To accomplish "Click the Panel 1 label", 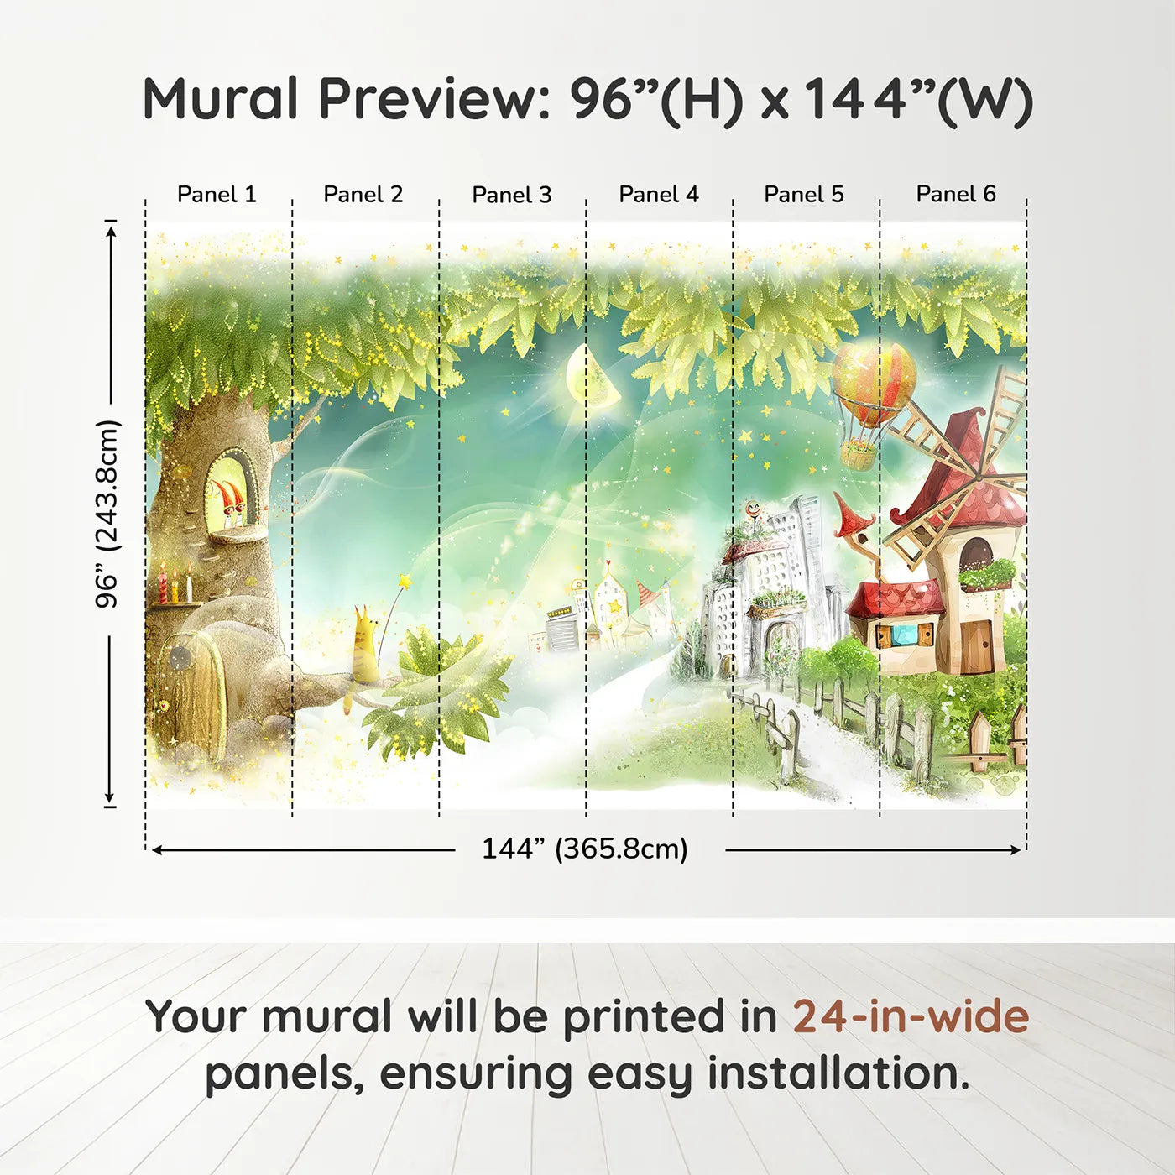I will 217,195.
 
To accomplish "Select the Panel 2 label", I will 363,195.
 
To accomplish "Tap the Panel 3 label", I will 512,195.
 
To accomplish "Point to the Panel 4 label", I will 659,195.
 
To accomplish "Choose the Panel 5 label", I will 804,195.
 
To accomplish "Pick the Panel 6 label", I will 956,195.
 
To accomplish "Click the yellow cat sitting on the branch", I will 365,642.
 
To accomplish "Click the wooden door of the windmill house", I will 976,646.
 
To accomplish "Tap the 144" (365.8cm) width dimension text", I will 585,849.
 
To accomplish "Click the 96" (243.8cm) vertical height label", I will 107,514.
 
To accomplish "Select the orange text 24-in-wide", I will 911,1017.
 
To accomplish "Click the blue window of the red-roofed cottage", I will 903,634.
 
